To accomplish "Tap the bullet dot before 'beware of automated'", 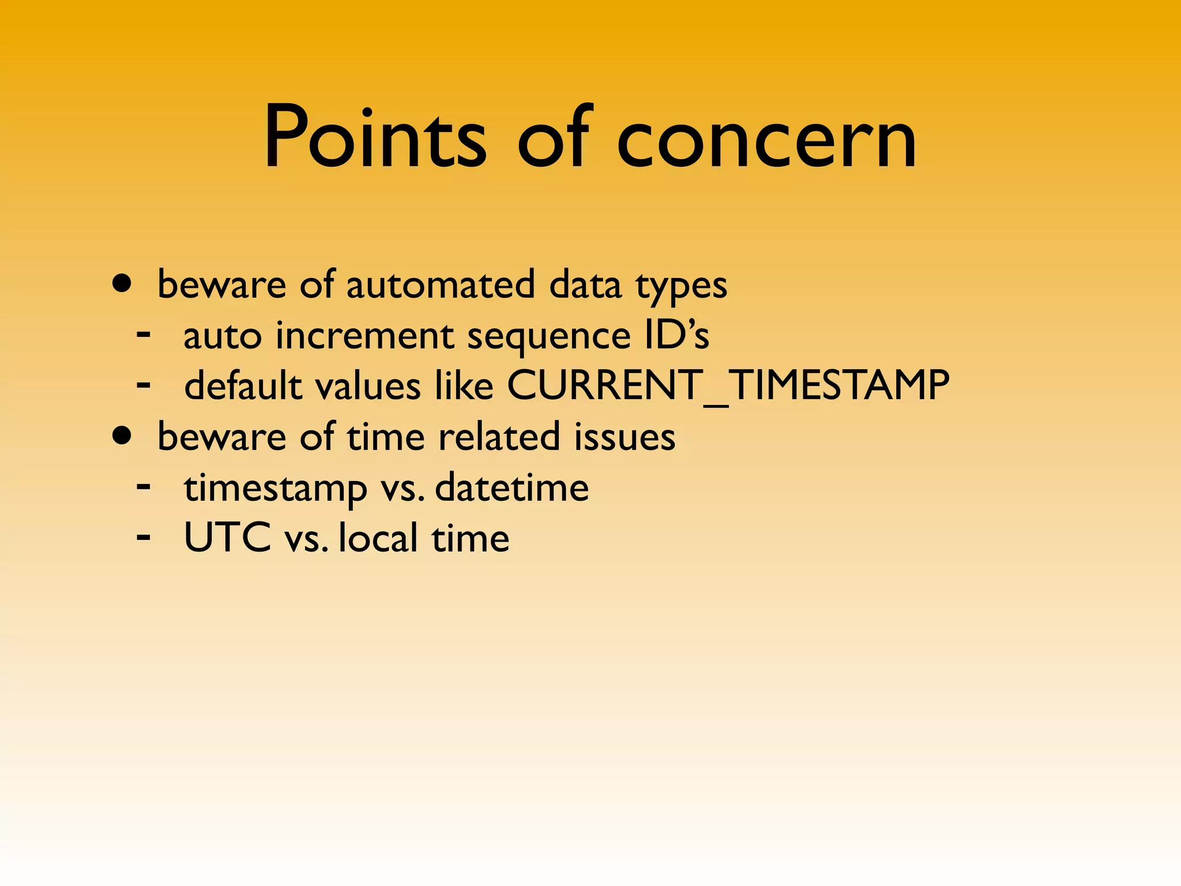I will click(x=122, y=284).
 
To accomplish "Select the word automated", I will click(x=441, y=285).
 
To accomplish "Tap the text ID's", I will click(x=676, y=335).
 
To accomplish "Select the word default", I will click(x=243, y=385).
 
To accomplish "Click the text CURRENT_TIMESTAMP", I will click(x=728, y=385).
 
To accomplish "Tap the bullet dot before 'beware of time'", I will click(x=122, y=436).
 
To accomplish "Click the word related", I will click(x=499, y=437).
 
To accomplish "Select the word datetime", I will click(x=511, y=487).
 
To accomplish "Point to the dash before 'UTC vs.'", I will click(x=144, y=536).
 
